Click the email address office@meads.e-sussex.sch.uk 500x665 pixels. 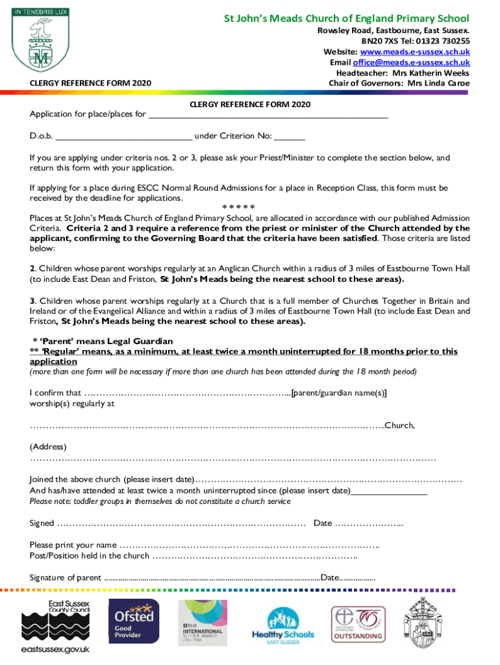(x=411, y=62)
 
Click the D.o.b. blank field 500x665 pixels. (x=123, y=136)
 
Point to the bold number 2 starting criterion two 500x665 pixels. (x=32, y=269)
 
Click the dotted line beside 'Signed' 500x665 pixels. (x=181, y=523)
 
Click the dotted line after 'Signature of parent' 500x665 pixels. (x=212, y=577)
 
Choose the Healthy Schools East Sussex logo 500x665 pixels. (x=282, y=626)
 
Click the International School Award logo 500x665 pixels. (x=202, y=626)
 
